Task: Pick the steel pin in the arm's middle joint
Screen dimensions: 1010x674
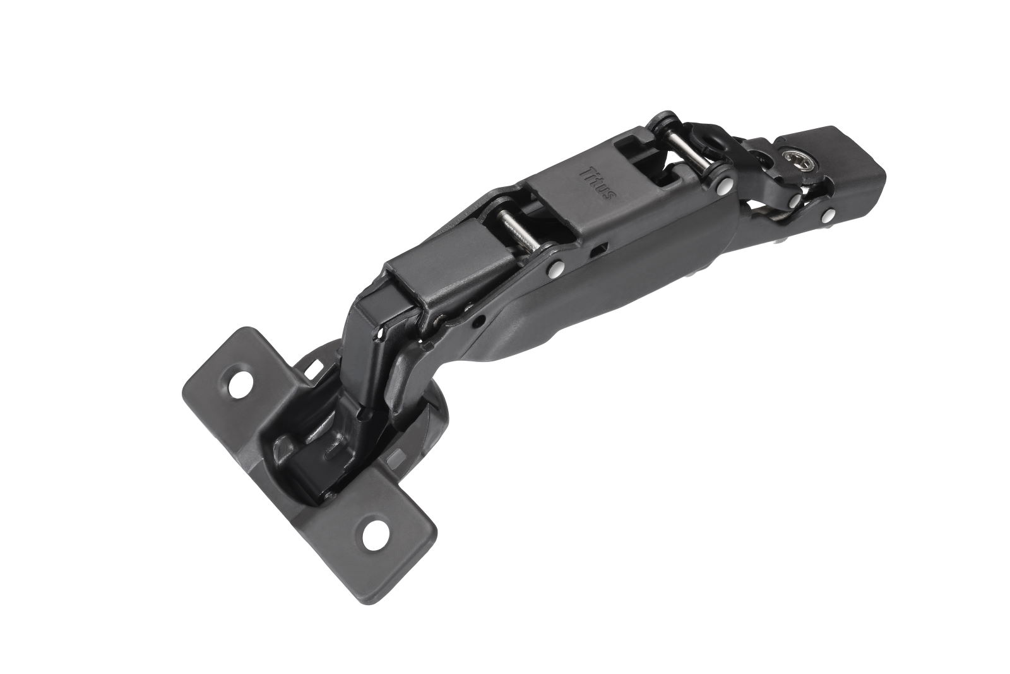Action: pos(518,231)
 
